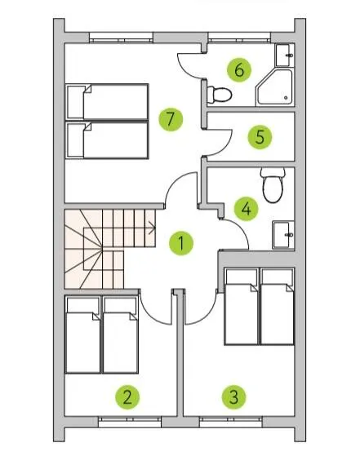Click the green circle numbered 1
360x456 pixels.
pos(181,243)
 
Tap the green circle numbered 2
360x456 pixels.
pos(127,397)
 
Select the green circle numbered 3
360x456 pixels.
pos(234,397)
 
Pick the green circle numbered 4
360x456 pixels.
pos(247,209)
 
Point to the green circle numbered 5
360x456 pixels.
pos(260,137)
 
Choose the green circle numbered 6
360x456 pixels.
pos(239,70)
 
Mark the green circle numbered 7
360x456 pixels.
pos(171,119)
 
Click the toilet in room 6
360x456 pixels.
pos(220,95)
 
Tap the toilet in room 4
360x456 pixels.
pos(273,185)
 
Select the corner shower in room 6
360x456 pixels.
pos(274,87)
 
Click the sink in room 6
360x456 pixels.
pos(285,55)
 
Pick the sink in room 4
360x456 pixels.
pos(283,235)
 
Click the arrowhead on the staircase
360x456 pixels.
pos(153,228)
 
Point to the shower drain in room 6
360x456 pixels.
pos(286,98)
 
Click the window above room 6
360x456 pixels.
pos(239,37)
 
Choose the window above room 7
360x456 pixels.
pos(121,37)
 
